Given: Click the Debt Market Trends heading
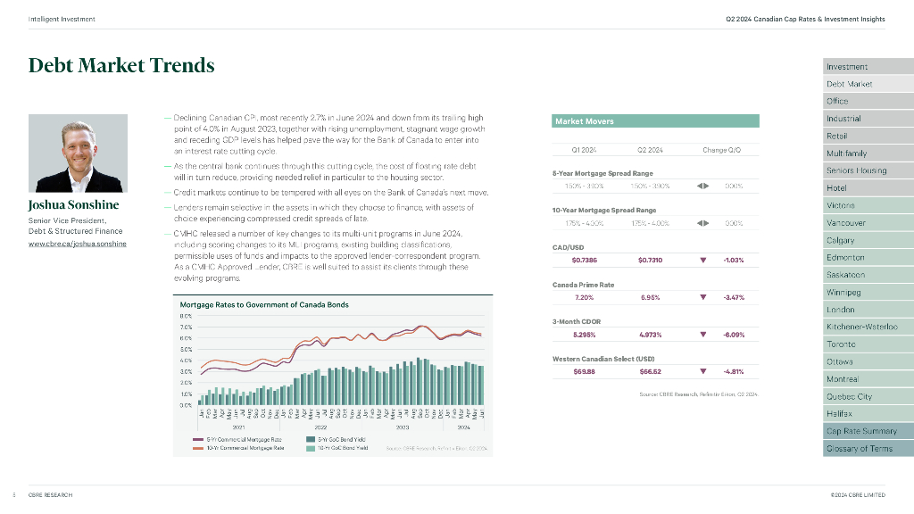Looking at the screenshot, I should (x=121, y=65).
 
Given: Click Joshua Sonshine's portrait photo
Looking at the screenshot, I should (x=76, y=153).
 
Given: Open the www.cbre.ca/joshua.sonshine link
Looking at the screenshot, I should (x=78, y=244).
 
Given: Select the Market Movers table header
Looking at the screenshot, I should (x=656, y=120).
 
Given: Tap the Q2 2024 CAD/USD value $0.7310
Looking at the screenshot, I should (x=650, y=261).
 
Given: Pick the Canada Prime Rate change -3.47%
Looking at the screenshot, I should (x=733, y=297).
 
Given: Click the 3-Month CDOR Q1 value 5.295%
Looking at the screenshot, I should (x=585, y=335).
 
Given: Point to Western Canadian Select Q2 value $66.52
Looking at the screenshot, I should (x=650, y=371).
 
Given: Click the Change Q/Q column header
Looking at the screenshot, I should (x=721, y=150).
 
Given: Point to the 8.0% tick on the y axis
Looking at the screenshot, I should (x=187, y=316).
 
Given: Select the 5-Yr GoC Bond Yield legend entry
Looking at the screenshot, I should (x=341, y=440).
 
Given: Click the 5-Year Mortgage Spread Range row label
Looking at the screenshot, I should (x=602, y=173).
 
